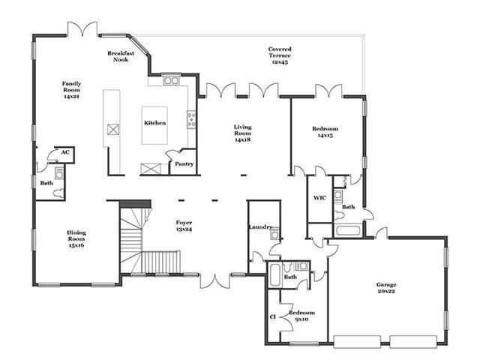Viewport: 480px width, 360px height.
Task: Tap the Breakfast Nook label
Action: tap(121, 56)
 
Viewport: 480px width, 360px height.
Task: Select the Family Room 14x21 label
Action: tap(72, 90)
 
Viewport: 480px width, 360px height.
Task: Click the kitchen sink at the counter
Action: tap(171, 81)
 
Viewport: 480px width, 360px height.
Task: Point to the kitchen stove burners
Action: tap(192, 119)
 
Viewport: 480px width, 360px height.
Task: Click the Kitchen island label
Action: tap(155, 123)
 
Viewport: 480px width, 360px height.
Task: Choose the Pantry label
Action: tap(184, 163)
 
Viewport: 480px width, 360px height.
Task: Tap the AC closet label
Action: tap(65, 152)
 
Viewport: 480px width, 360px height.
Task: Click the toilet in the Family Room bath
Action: tap(58, 193)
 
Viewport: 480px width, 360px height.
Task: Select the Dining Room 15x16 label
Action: tap(76, 238)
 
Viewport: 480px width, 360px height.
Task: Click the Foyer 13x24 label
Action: tap(184, 226)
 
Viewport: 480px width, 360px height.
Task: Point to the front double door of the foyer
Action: tap(215, 281)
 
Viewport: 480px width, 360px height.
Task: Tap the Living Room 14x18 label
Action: tap(243, 133)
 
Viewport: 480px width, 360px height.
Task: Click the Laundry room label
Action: tap(260, 226)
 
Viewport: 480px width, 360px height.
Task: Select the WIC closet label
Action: tap(319, 198)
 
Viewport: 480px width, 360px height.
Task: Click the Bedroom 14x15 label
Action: tap(325, 132)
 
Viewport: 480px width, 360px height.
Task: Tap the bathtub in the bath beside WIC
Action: tap(347, 230)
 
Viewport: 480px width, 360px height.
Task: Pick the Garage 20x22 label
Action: tap(386, 288)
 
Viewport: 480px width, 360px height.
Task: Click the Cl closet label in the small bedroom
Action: tap(273, 316)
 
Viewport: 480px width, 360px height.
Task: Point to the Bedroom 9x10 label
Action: tap(301, 316)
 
